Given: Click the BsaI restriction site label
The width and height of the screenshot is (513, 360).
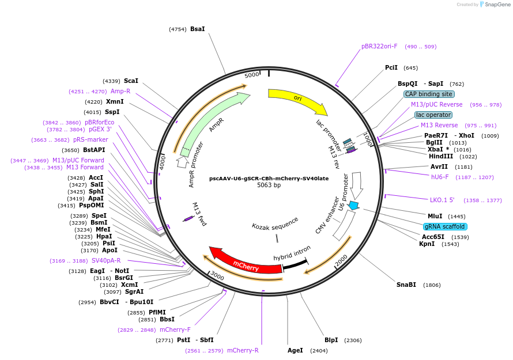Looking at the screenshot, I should (x=198, y=29).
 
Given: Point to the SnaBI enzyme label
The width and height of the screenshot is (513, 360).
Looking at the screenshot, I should (x=406, y=285).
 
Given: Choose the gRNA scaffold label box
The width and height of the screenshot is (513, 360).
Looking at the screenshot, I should (x=444, y=226).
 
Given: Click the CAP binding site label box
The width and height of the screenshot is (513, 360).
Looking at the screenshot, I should (x=429, y=94).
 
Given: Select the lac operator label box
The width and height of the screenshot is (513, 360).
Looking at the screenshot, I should (x=433, y=115).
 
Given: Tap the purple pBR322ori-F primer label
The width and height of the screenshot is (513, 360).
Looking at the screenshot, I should (x=379, y=46).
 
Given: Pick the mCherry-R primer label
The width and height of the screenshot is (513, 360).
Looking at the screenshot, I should (x=243, y=350).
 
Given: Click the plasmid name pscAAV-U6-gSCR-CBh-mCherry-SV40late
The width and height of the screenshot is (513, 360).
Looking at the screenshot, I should (x=269, y=179).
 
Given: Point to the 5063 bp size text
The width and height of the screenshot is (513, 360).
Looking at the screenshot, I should (x=269, y=185).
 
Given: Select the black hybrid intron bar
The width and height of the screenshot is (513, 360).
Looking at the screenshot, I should (x=295, y=264).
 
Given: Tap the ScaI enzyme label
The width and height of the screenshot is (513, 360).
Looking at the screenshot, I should (x=131, y=81).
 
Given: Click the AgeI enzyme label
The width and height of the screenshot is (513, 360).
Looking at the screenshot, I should (x=295, y=350).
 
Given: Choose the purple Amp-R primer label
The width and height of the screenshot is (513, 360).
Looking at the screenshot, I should (x=120, y=91).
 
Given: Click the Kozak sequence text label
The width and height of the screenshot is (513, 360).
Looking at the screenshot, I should (x=275, y=223).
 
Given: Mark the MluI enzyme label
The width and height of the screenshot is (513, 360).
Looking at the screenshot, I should (x=435, y=216).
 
